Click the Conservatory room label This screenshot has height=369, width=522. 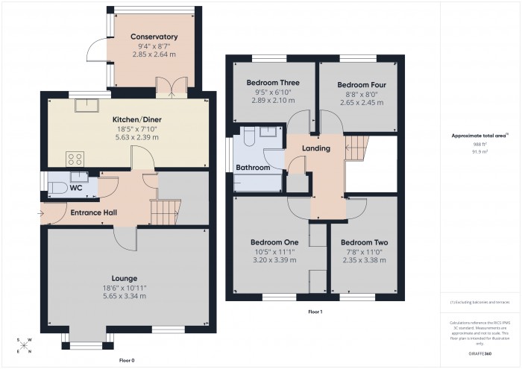coord(154,37)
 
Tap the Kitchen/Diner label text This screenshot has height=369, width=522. coord(137,119)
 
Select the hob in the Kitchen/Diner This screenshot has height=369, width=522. coord(75,158)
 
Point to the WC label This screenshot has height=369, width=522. coord(75,188)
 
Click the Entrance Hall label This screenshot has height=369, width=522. coord(93,213)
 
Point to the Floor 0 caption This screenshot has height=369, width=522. coord(128,359)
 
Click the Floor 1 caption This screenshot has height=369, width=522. coord(315,312)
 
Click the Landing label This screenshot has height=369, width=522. coord(315,148)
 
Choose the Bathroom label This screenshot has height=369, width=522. coord(253,168)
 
